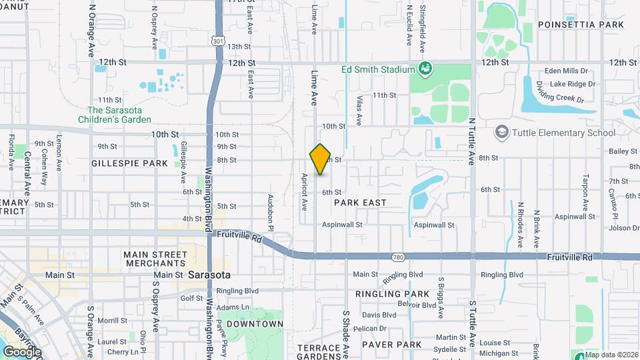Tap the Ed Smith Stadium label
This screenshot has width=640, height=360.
[378, 69]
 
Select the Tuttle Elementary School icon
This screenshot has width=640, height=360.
[501, 133]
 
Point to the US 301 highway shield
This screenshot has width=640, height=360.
[218, 41]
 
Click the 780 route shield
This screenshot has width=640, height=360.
[398, 256]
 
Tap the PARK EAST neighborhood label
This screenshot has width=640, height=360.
[360, 202]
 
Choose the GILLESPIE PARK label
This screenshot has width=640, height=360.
[129, 163]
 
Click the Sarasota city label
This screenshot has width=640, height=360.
[209, 275]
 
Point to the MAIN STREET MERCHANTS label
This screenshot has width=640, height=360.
[156, 259]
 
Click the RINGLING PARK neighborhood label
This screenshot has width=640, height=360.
[392, 294]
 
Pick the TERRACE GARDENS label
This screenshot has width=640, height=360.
[319, 353]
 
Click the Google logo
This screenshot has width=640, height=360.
[23, 351]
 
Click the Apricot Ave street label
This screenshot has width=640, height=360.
[303, 193]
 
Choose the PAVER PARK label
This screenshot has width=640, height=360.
[391, 344]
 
